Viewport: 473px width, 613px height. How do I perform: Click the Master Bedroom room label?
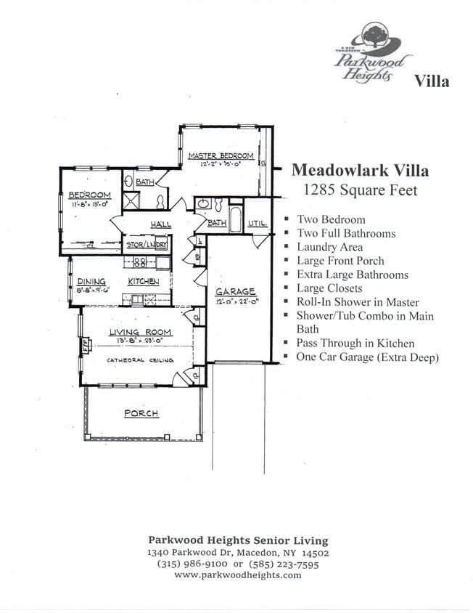(221, 155)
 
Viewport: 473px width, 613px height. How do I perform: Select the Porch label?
(141, 413)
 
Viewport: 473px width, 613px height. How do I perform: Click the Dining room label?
(91, 281)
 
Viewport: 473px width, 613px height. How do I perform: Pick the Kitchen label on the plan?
(143, 281)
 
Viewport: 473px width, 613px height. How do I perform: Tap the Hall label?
(161, 224)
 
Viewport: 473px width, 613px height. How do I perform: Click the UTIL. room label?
(258, 223)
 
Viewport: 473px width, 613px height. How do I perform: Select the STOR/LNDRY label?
(147, 244)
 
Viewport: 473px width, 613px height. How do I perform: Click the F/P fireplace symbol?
(84, 344)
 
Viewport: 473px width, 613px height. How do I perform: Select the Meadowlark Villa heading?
(359, 171)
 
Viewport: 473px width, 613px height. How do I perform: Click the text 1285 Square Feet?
(360, 191)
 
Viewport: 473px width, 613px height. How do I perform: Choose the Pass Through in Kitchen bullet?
(355, 344)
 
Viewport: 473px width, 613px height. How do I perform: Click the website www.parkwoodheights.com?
(237, 575)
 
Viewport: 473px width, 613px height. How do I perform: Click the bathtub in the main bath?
(236, 219)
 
